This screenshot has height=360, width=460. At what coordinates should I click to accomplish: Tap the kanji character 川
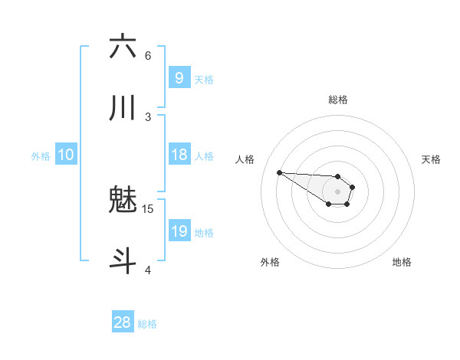pyautogui.click(x=123, y=109)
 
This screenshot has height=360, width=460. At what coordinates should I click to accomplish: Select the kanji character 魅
pyautogui.click(x=123, y=201)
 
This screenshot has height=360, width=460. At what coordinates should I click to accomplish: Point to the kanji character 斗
pyautogui.click(x=123, y=260)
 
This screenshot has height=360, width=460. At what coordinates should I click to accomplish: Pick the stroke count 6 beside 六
pyautogui.click(x=148, y=55)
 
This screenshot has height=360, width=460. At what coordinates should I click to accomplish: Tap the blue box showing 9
pyautogui.click(x=179, y=77)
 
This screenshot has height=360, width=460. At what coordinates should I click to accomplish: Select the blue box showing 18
pyautogui.click(x=179, y=155)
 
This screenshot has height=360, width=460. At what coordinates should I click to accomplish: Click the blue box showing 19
pyautogui.click(x=179, y=231)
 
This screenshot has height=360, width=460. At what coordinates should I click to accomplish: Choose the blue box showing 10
pyautogui.click(x=66, y=155)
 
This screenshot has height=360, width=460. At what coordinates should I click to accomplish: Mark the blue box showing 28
pyautogui.click(x=123, y=322)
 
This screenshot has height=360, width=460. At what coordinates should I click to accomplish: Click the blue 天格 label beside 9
pyautogui.click(x=204, y=79)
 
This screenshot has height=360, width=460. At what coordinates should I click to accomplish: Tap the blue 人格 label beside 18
pyautogui.click(x=204, y=155)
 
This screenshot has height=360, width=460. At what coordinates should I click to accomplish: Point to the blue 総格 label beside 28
pyautogui.click(x=147, y=324)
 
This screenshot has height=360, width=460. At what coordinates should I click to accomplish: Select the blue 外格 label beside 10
pyautogui.click(x=41, y=156)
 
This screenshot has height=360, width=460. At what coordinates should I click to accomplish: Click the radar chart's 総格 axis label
pyautogui.click(x=337, y=100)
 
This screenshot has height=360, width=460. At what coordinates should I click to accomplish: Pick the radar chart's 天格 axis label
pyautogui.click(x=432, y=159)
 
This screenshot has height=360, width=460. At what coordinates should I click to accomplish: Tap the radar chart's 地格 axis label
pyautogui.click(x=402, y=262)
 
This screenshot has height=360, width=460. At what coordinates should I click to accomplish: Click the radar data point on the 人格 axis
pyautogui.click(x=279, y=172)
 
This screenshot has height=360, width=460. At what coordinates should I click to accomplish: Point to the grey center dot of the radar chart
pyautogui.click(x=337, y=191)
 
